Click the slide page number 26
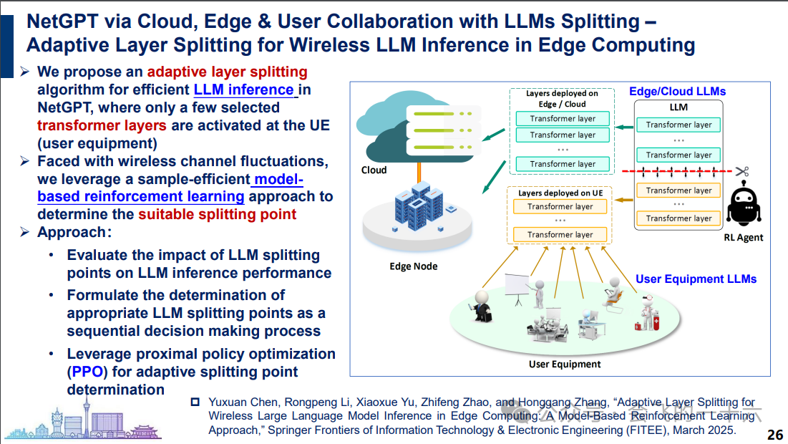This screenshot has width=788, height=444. click(774, 435)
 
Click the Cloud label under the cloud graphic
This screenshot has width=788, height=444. click(374, 170)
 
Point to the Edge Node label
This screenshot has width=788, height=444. click(413, 266)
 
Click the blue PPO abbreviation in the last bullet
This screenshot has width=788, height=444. click(88, 372)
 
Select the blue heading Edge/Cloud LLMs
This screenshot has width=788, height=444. click(677, 92)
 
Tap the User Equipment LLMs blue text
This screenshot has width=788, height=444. click(696, 279)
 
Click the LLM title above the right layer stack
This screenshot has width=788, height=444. click(678, 107)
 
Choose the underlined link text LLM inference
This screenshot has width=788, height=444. click(244, 90)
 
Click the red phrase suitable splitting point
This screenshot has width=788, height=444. click(217, 214)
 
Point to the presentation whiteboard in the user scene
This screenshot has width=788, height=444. click(516, 286)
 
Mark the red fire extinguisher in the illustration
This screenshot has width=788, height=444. click(638, 324)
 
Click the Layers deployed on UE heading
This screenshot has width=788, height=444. click(560, 193)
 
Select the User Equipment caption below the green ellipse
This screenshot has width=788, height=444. click(565, 365)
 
